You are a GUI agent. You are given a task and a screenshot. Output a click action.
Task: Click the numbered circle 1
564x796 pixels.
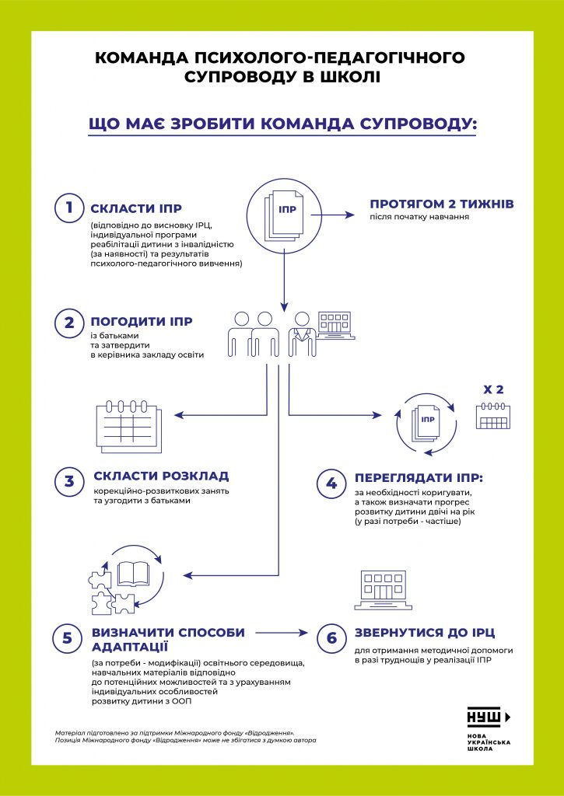coord(69,208)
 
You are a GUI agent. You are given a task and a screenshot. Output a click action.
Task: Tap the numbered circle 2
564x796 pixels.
coord(69,322)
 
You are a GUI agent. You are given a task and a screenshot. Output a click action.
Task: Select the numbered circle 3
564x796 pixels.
coord(69,480)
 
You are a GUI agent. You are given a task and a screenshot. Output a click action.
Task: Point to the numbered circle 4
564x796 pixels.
coord(331,483)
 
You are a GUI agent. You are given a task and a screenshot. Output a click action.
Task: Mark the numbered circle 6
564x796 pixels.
coord(331,639)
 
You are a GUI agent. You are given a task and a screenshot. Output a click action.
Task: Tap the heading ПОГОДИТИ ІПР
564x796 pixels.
coord(142,322)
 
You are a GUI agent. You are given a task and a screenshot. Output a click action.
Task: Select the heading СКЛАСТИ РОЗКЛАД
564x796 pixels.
coord(161,476)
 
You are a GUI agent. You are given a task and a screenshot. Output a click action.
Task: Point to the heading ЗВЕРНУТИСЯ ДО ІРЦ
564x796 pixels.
coord(425,633)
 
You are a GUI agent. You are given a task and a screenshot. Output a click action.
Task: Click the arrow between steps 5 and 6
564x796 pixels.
coord(280,633)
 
